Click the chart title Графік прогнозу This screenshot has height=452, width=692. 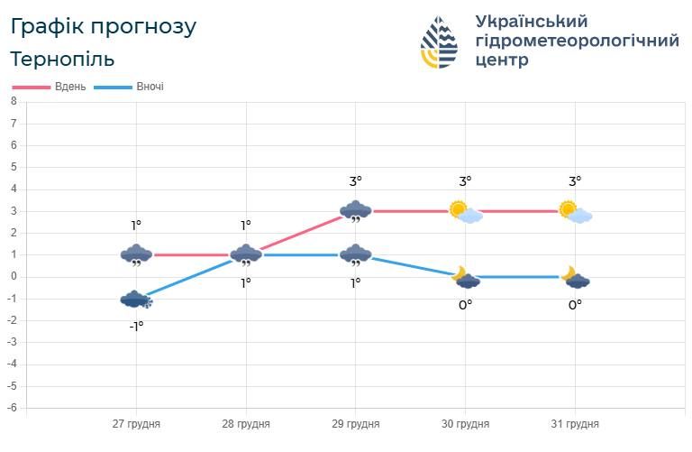click(x=103, y=26)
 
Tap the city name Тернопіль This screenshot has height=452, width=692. click(x=62, y=60)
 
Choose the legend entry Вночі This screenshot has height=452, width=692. click(x=150, y=87)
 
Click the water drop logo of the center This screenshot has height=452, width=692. click(x=439, y=42)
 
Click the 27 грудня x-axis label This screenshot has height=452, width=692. click(x=137, y=423)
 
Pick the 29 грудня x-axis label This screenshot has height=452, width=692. click(x=356, y=423)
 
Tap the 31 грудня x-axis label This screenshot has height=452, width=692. click(x=575, y=423)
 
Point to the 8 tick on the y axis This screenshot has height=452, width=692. click(x=14, y=102)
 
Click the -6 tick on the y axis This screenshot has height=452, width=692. click(x=12, y=408)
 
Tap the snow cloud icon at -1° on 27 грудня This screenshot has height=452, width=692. click(x=136, y=300)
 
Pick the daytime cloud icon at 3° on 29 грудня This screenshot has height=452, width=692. click(x=356, y=212)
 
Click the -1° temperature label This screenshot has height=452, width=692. click(x=136, y=326)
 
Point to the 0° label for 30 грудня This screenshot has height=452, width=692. click(x=465, y=304)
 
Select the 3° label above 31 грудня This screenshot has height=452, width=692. click(x=574, y=181)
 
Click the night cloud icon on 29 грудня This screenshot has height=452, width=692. click(x=356, y=255)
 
